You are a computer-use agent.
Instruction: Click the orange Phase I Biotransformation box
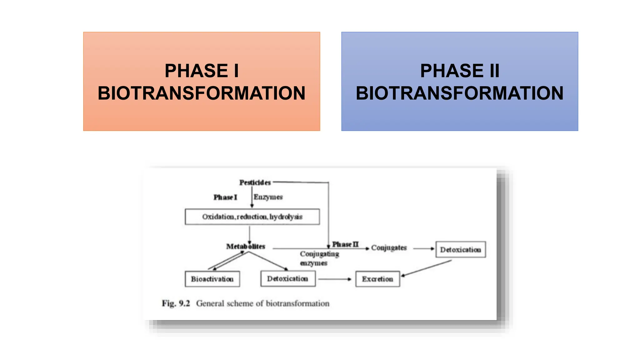202,81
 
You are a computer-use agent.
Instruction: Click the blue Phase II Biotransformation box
459,81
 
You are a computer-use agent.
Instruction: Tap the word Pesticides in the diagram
255,182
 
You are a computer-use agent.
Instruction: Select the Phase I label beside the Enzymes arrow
225,197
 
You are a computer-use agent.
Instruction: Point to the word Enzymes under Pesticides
268,197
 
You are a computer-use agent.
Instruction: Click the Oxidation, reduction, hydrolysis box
252,217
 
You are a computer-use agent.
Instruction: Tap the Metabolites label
246,247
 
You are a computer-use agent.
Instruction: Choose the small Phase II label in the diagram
345,244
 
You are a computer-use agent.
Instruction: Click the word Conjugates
389,248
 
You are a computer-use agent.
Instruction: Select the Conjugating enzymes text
319,258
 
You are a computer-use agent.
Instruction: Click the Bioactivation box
212,279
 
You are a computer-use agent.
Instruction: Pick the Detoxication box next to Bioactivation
287,279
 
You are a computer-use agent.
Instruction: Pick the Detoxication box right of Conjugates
460,250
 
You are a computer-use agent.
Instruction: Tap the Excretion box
377,279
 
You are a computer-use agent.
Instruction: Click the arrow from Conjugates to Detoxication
423,249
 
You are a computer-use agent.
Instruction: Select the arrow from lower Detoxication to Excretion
334,279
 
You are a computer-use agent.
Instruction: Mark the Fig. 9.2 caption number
176,303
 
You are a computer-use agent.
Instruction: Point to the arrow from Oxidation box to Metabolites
249,234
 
